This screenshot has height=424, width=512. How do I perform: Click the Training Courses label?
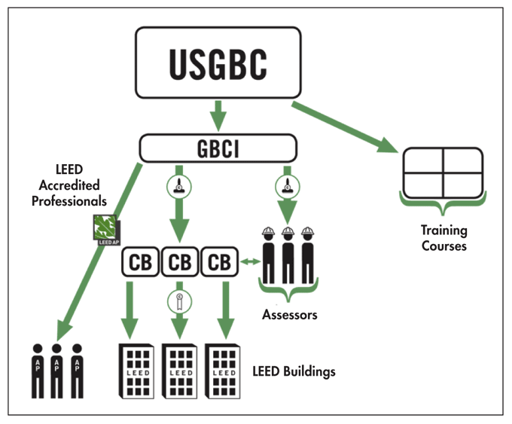point(443,238)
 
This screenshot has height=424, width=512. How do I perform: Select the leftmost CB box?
point(139,263)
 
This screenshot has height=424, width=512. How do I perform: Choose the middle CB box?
point(179,263)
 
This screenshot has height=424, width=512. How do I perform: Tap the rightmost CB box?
point(219,263)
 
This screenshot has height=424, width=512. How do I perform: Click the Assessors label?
point(290,315)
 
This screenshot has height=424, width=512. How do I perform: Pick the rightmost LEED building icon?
point(223,371)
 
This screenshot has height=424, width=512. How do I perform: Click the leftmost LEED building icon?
point(137,371)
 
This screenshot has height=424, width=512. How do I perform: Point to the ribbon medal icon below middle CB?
point(179,301)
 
